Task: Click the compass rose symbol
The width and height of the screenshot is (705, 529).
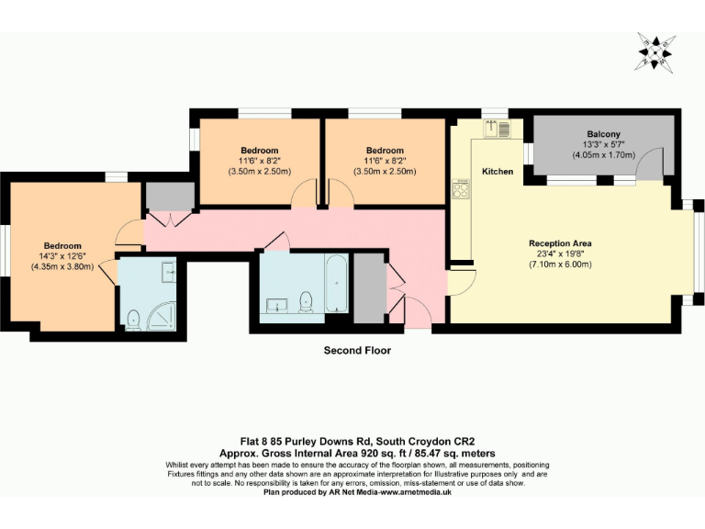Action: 655,51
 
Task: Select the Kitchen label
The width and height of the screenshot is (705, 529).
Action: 498,172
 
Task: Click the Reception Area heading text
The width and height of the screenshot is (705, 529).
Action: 559,243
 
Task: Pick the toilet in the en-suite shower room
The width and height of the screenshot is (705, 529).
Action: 133,319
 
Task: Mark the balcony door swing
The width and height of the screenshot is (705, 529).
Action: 652,166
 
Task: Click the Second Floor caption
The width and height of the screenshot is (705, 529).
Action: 357,350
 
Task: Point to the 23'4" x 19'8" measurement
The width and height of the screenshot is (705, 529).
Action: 559,253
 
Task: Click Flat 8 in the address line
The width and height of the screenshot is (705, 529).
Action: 245,442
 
